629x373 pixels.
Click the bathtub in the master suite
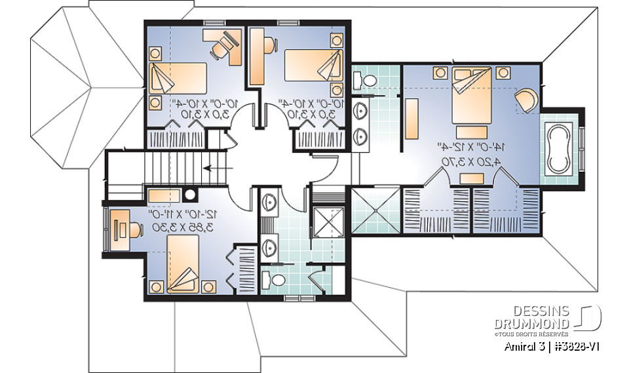point(558,147)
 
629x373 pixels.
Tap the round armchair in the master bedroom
point(527,100)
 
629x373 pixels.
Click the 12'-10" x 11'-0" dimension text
point(185,214)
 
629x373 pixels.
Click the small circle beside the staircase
point(191,194)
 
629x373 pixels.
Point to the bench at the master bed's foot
point(470,178)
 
